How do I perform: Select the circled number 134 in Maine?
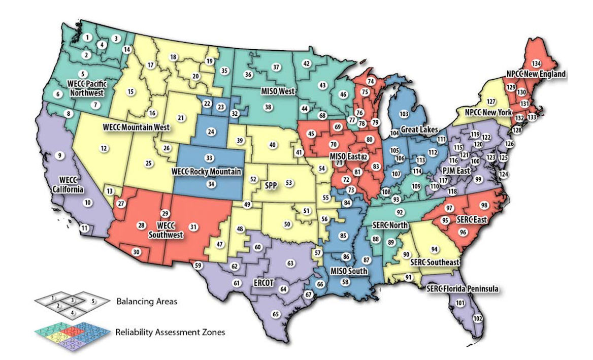point(535,63)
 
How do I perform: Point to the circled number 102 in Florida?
point(477,318)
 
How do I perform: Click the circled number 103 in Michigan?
point(405,114)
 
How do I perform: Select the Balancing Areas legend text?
point(147,301)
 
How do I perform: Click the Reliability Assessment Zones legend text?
point(171,332)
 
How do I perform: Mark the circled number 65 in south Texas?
point(276,314)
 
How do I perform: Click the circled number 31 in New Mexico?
point(193,226)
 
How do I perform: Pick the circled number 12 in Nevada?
point(104,149)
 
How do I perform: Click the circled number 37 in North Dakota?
point(276,67)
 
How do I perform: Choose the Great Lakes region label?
point(419,130)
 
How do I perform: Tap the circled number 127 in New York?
point(491,101)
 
